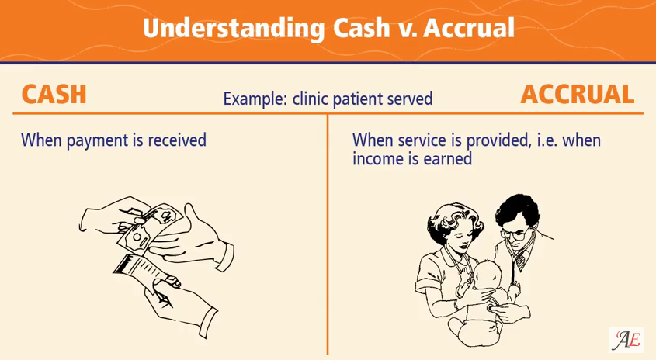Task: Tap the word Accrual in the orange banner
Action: coord(469,28)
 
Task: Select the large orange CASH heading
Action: coord(54,95)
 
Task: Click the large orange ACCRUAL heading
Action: coord(578,95)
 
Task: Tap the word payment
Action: coord(98,140)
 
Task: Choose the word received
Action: coord(177,140)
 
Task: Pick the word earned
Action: coord(448,159)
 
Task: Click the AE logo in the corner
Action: coord(626,340)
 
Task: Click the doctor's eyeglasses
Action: coord(515,234)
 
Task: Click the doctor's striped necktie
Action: coord(520,261)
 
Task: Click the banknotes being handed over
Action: coord(151,228)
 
